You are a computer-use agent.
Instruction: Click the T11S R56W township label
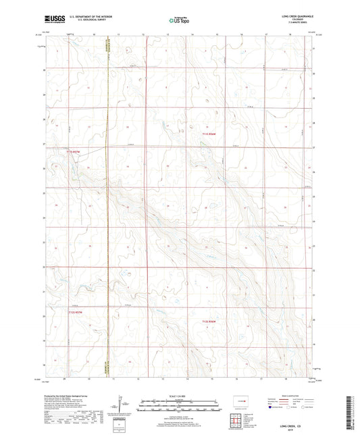pos(209,135)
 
